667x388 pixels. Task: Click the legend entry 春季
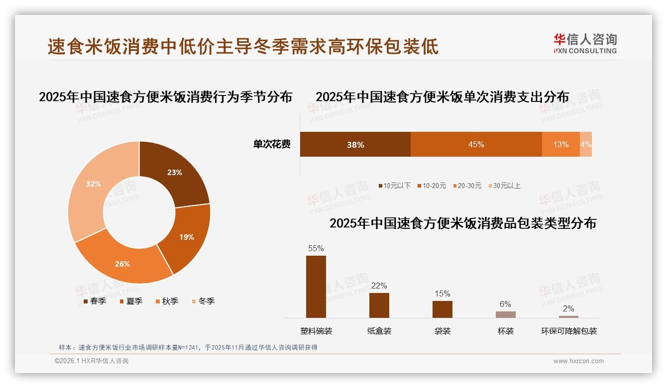[x=94, y=301]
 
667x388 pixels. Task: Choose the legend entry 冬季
[x=203, y=301]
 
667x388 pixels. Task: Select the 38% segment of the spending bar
[x=355, y=145]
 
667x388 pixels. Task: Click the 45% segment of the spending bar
[x=476, y=145]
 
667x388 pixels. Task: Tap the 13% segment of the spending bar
[x=560, y=145]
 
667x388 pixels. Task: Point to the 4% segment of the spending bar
[x=586, y=145]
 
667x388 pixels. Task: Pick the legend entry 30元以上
[x=504, y=186]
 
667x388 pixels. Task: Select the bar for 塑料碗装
[x=316, y=287]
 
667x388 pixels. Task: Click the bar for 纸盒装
[x=379, y=305]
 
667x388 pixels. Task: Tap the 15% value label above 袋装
[x=442, y=294]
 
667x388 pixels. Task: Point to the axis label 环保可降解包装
[x=569, y=331]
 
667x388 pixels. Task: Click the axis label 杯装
[x=506, y=331]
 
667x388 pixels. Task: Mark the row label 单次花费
[x=272, y=145]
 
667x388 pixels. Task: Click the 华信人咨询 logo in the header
[x=585, y=43]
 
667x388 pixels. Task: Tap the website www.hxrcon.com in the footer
[x=578, y=361]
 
